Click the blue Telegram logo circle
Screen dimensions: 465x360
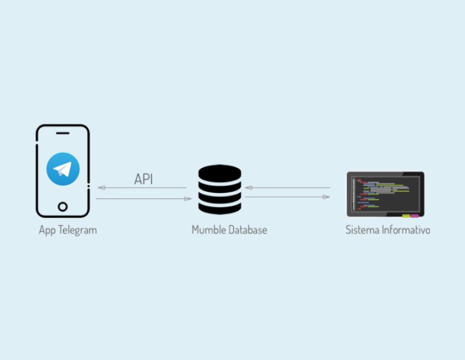point(63,169)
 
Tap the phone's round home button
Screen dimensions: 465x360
point(63,206)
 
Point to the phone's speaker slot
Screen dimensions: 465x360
point(62,133)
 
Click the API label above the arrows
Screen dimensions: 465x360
point(143,179)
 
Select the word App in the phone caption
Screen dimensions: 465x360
point(47,231)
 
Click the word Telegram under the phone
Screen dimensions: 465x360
point(77,231)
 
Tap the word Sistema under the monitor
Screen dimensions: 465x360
point(362,230)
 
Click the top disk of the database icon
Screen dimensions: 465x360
point(220,173)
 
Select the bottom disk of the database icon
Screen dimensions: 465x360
point(220,208)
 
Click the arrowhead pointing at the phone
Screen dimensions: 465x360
point(102,188)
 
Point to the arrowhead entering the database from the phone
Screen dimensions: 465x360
point(188,198)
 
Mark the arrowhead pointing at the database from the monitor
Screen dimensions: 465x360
point(248,188)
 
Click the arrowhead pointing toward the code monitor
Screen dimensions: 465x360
point(326,197)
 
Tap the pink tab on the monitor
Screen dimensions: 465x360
point(415,216)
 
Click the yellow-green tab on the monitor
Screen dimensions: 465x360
point(406,216)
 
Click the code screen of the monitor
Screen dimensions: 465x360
point(386,194)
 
